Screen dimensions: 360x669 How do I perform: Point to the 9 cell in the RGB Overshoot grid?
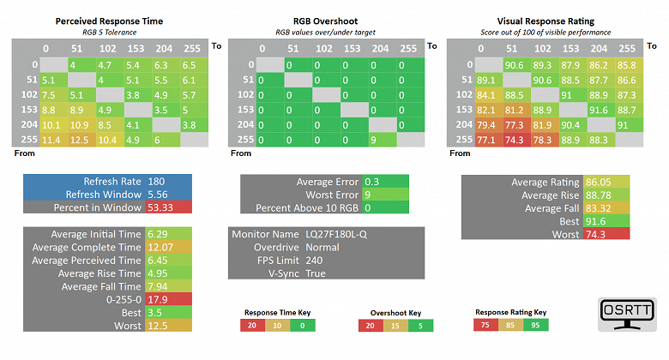[374, 140]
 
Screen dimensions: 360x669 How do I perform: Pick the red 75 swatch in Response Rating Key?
[485, 326]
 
